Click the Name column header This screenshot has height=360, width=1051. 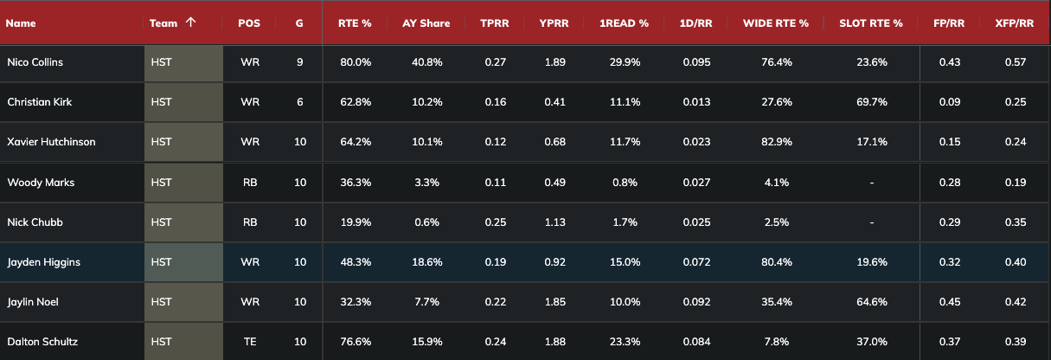[x=21, y=23]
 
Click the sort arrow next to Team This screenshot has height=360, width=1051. [x=189, y=22]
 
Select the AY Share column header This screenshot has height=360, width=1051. [x=426, y=23]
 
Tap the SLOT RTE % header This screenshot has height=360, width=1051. [x=870, y=23]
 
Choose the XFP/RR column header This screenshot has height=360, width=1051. [x=1014, y=23]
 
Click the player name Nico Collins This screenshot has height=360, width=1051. [x=35, y=62]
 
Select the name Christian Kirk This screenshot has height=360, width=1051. [x=39, y=102]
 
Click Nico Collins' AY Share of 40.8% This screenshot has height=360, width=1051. [x=426, y=62]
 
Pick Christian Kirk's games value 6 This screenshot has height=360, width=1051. [x=299, y=102]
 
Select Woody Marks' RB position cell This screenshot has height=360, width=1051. [x=250, y=183]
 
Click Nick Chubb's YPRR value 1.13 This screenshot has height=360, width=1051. [x=554, y=222]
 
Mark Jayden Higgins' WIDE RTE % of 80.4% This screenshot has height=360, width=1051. [x=774, y=262]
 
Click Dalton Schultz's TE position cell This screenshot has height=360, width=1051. [x=250, y=342]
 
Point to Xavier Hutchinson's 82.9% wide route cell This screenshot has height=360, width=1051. [x=774, y=142]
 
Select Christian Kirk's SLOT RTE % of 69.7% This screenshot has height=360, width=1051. [x=870, y=102]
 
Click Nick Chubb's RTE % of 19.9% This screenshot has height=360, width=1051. [x=354, y=222]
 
